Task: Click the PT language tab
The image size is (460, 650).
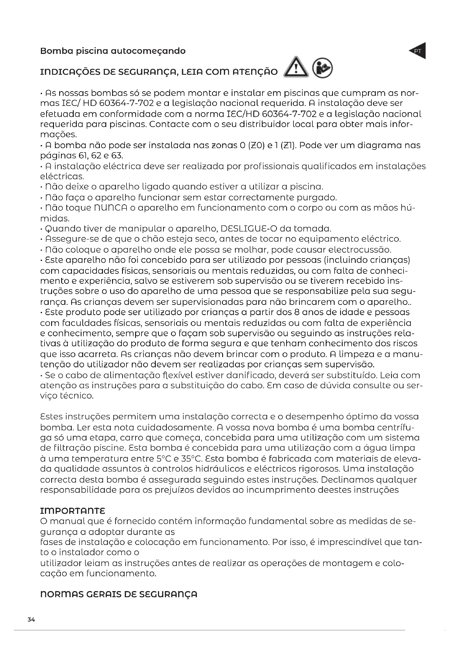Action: pyautogui.click(x=418, y=51)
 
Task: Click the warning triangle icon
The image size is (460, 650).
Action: pyautogui.click(x=296, y=68)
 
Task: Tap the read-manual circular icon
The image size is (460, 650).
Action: pyautogui.click(x=322, y=68)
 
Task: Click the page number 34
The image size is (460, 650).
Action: pyautogui.click(x=31, y=620)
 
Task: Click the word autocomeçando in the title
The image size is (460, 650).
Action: pyautogui.click(x=148, y=51)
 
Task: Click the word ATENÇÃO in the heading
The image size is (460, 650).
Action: pyautogui.click(x=255, y=72)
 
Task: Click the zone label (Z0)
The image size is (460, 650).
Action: pyautogui.click(x=256, y=146)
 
